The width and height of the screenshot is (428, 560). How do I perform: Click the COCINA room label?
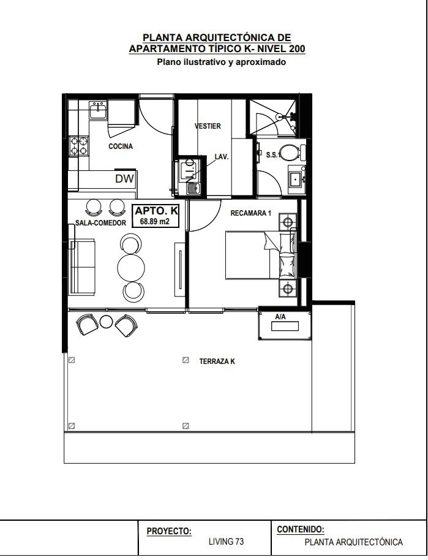pyautogui.click(x=121, y=146)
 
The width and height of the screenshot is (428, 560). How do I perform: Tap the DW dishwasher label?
pyautogui.click(x=124, y=178)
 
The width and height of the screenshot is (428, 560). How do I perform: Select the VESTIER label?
pyautogui.click(x=208, y=126)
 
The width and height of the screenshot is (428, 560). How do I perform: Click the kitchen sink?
pyautogui.click(x=98, y=110)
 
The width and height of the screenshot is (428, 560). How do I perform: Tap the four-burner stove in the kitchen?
pyautogui.click(x=78, y=146)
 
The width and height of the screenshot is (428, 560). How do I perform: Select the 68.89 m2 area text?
pyautogui.click(x=154, y=221)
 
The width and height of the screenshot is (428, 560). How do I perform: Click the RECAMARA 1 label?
pyautogui.click(x=251, y=213)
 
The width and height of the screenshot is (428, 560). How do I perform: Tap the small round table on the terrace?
pyautogui.click(x=107, y=322)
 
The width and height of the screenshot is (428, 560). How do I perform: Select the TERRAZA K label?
pyautogui.click(x=217, y=361)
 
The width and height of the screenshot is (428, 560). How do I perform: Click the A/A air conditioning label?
pyautogui.click(x=280, y=317)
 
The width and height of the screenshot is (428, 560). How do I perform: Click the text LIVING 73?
pyautogui.click(x=227, y=542)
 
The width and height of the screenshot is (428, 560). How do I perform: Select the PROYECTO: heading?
pyautogui.click(x=169, y=531)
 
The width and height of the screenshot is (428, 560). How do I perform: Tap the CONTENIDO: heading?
pyautogui.click(x=301, y=529)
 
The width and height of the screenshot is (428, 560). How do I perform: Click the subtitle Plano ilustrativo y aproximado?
pyautogui.click(x=221, y=62)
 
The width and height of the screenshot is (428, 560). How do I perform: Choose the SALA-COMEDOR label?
pyautogui.click(x=100, y=223)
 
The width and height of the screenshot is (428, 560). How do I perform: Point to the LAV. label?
pyautogui.click(x=221, y=157)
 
